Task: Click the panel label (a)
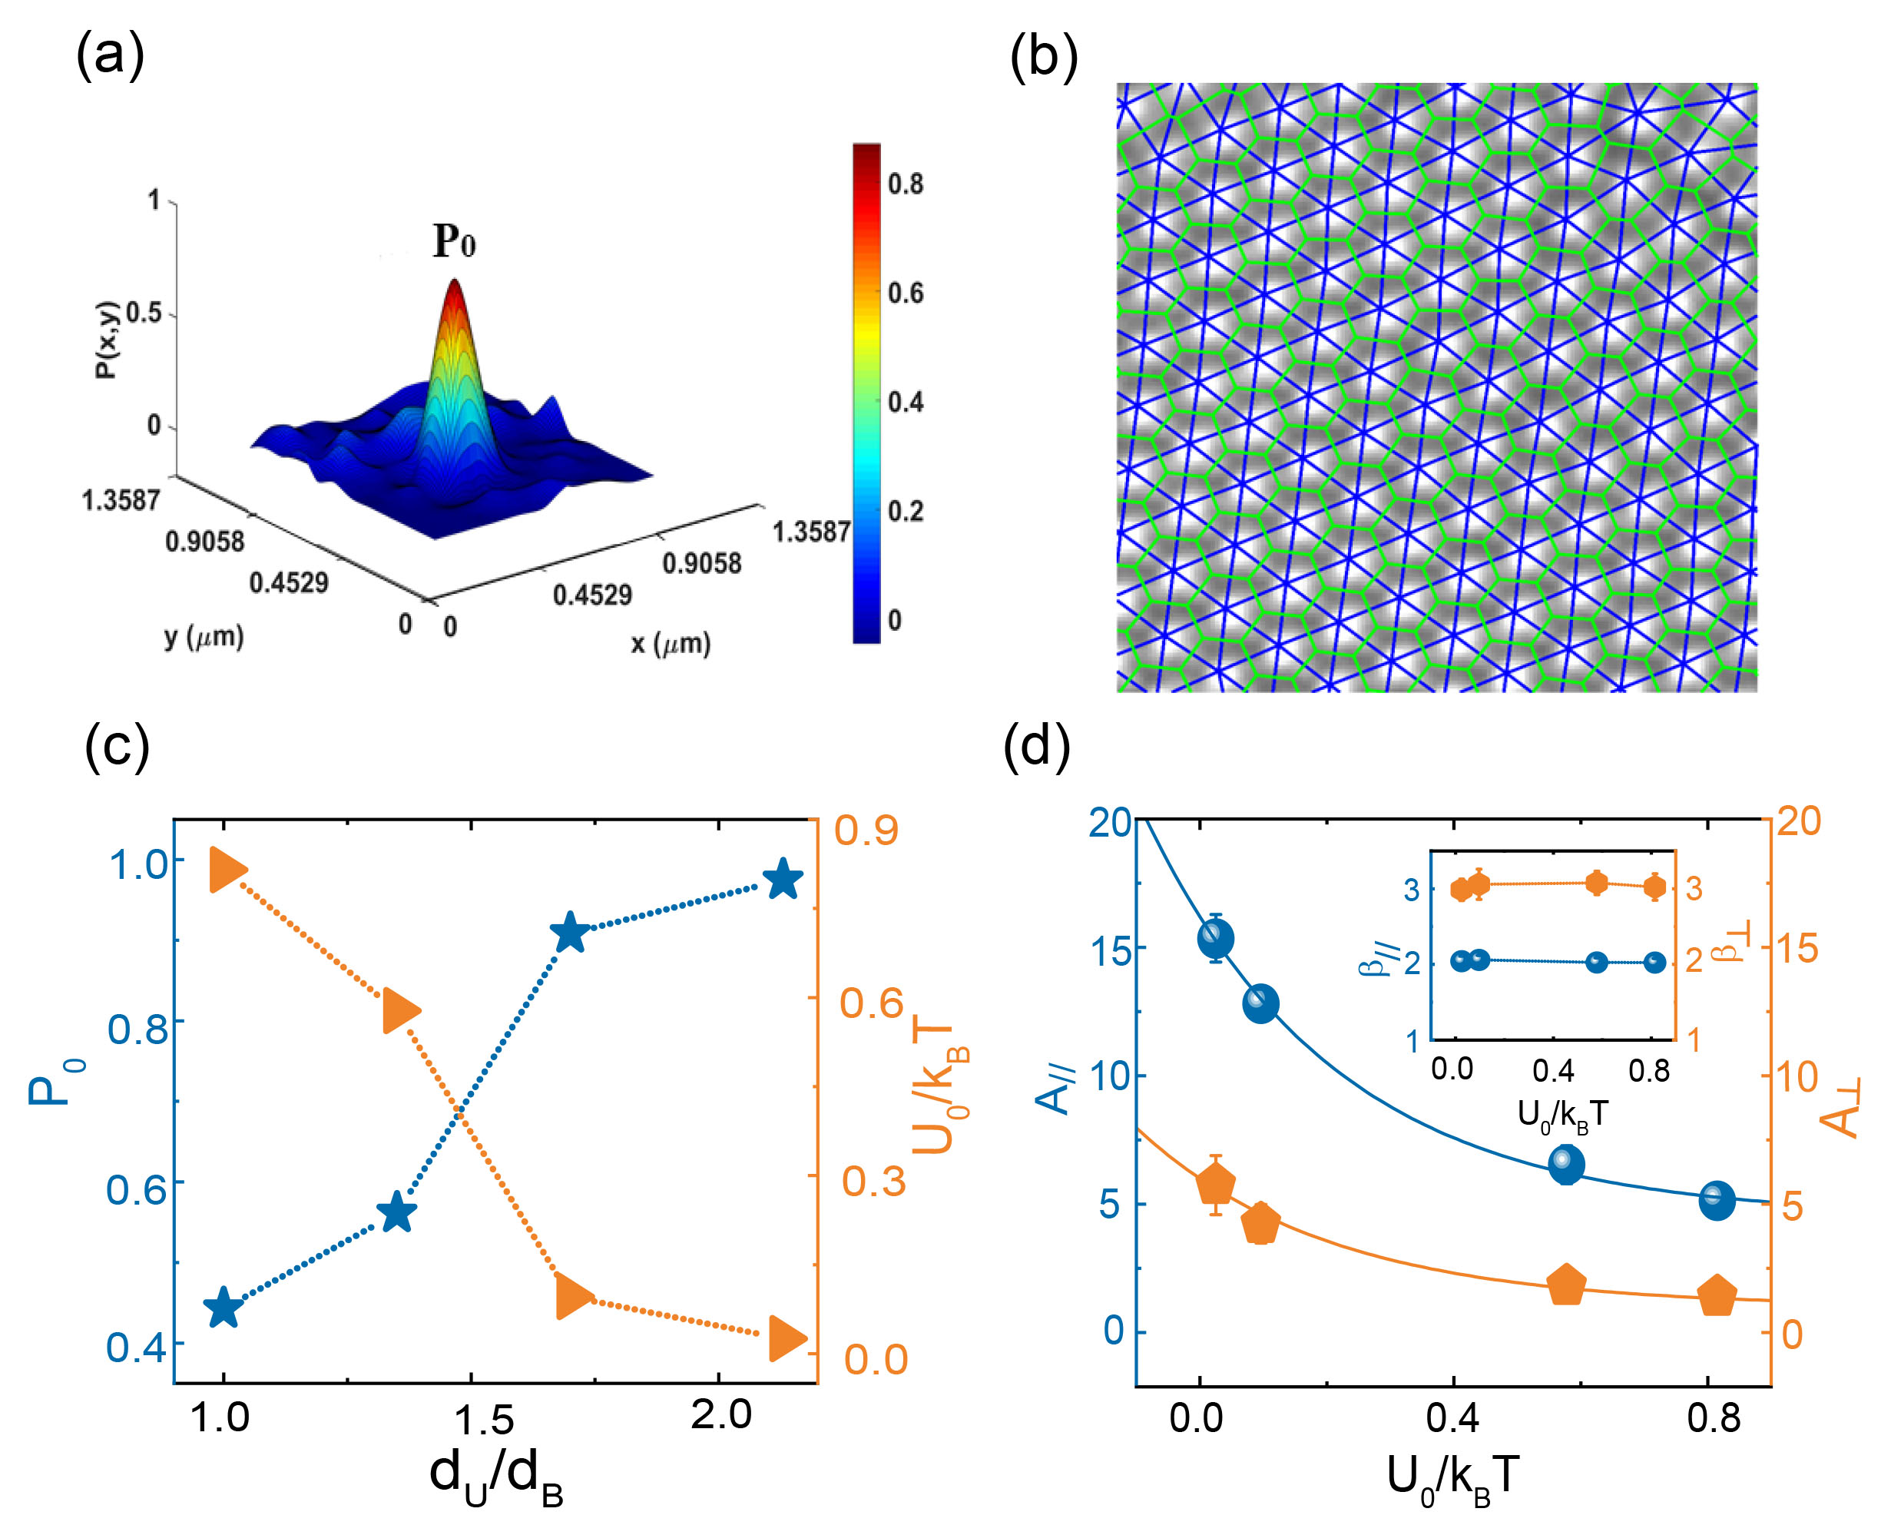point(110,56)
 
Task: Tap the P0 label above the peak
point(454,240)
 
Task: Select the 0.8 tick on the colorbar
point(905,184)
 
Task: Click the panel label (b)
point(1044,58)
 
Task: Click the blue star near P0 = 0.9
point(570,933)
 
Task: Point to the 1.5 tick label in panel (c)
point(483,1421)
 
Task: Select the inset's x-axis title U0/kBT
point(1562,1116)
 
